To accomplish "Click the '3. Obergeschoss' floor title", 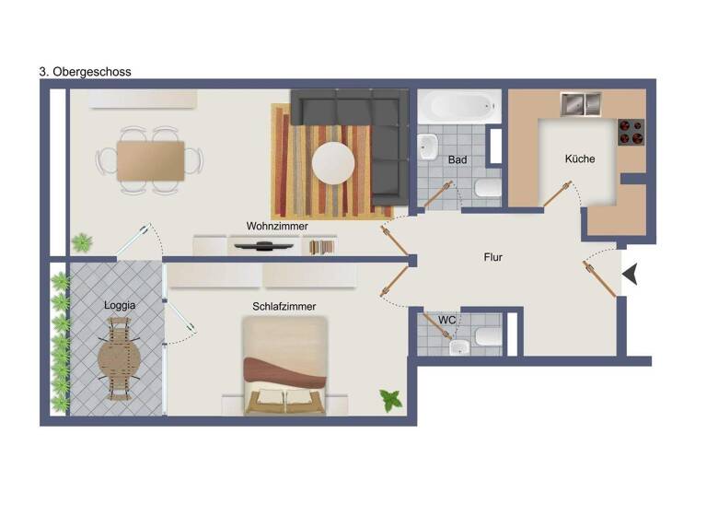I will [x=85, y=71].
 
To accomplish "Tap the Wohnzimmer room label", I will [x=276, y=226].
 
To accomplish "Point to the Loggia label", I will [x=120, y=304].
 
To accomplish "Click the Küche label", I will [x=580, y=158].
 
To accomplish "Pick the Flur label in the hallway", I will [x=493, y=258].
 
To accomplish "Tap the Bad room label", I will [x=458, y=159].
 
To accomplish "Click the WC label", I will [x=446, y=320].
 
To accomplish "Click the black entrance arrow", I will [x=630, y=274].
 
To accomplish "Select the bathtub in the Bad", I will [x=458, y=108].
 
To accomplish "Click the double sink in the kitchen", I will [x=580, y=104].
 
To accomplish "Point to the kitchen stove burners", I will [x=631, y=132].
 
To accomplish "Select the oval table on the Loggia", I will [x=120, y=358].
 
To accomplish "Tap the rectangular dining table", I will [x=151, y=160].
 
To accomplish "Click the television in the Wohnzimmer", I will [x=264, y=245].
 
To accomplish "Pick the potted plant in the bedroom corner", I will [x=391, y=400].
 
